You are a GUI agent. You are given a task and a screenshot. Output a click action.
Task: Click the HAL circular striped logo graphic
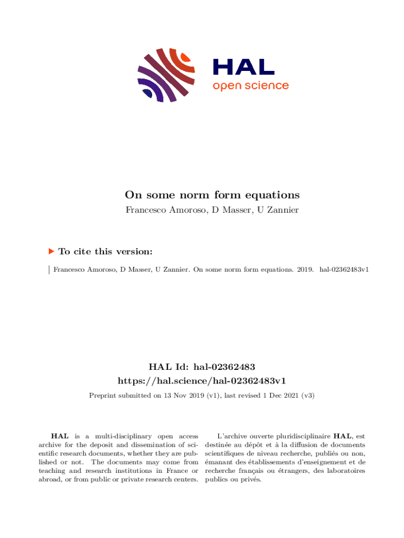[x=166, y=75]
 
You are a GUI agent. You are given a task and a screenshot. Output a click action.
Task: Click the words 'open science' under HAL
[x=250, y=86]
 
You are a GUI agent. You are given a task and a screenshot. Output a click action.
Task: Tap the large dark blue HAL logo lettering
[x=243, y=67]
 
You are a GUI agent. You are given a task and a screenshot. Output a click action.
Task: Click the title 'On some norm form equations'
[x=212, y=195]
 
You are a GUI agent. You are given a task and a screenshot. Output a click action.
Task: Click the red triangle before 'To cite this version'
[x=51, y=252]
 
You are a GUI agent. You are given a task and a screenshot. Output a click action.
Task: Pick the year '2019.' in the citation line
[x=304, y=270]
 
